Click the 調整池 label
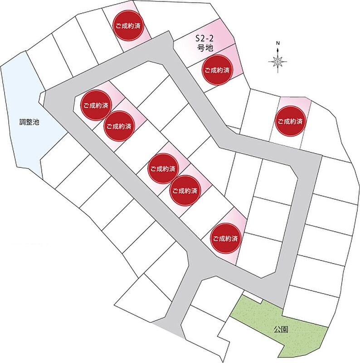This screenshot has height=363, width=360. (29, 122)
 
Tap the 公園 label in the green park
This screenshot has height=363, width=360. (281, 329)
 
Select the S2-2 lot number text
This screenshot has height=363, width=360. (204, 39)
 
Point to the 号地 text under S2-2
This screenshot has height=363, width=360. (205, 48)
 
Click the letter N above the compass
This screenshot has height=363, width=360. (278, 43)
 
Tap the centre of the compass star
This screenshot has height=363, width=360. (277, 62)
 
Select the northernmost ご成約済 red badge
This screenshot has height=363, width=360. (128, 25)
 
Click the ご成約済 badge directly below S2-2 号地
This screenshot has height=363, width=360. (217, 70)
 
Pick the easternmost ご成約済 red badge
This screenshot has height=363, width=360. (290, 121)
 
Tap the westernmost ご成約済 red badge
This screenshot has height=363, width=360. (96, 105)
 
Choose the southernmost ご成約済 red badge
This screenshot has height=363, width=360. (225, 239)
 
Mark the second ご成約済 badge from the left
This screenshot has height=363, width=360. (119, 126)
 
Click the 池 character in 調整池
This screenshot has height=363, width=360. (36, 122)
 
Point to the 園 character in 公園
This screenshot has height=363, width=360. (285, 329)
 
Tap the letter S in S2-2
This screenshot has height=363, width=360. (198, 39)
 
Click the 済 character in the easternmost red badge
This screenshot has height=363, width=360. (299, 121)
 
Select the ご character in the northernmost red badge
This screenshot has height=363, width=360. (118, 25)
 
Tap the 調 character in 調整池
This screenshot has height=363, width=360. (22, 122)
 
